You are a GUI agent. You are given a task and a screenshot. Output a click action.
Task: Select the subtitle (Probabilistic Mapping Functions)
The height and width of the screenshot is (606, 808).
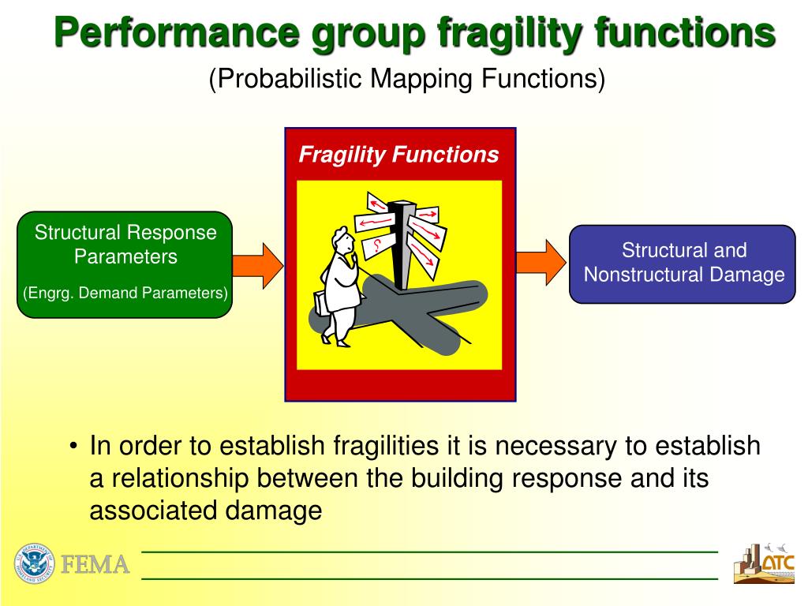click(x=406, y=79)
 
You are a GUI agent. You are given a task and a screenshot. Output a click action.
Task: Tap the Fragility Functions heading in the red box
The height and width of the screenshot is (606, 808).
click(x=398, y=155)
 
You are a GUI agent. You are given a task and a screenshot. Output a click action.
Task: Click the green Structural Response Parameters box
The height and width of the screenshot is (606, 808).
click(x=125, y=264)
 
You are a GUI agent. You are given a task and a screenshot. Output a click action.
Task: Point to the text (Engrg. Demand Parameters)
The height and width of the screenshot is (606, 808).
click(x=125, y=294)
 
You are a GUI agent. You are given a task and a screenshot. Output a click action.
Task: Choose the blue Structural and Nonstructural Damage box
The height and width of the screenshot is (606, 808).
click(x=683, y=264)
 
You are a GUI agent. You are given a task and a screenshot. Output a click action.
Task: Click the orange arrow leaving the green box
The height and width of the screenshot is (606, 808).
click(x=257, y=265)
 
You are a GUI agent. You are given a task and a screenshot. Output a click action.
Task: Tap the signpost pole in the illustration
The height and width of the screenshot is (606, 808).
click(x=403, y=245)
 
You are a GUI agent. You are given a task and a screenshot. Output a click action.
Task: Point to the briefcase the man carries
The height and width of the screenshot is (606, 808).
click(x=321, y=305)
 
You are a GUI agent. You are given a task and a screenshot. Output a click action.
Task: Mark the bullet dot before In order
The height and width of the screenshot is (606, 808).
click(x=73, y=447)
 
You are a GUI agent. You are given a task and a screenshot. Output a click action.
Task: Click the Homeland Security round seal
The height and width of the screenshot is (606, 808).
click(x=32, y=563)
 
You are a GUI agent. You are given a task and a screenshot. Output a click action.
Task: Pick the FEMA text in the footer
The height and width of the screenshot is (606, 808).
click(x=95, y=565)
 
